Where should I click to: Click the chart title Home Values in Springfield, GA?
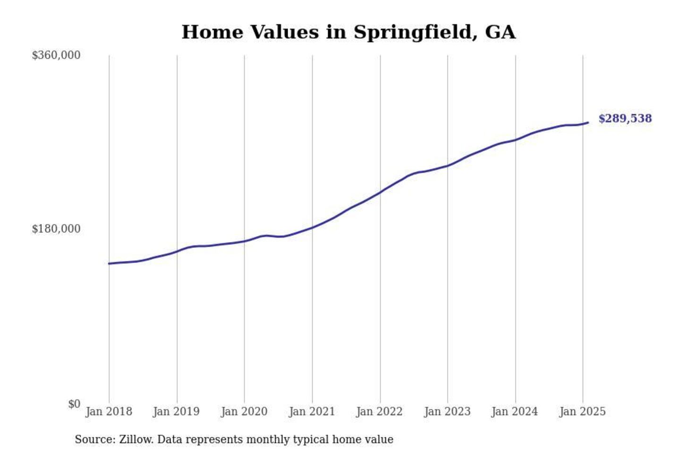[x=348, y=32]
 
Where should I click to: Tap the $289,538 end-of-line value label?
[x=625, y=118]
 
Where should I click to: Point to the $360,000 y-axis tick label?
[x=56, y=55]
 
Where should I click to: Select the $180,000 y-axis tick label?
[x=56, y=229]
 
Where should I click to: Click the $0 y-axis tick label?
[x=74, y=404]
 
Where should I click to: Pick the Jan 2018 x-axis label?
[x=109, y=411]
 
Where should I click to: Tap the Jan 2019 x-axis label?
[x=176, y=411]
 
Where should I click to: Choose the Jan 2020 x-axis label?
[x=244, y=411]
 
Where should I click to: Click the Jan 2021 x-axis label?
[x=312, y=411]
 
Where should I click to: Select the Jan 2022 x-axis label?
[x=379, y=411]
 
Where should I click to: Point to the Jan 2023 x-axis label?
[x=447, y=411]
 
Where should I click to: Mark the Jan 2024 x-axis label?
[x=515, y=411]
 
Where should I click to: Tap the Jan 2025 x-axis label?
[x=582, y=411]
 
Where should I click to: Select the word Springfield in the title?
[x=413, y=32]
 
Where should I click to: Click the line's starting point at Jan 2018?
[x=109, y=263]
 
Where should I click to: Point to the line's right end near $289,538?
[x=588, y=123]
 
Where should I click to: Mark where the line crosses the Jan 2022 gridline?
[x=380, y=192]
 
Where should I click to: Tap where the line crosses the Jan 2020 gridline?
[x=245, y=241]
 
